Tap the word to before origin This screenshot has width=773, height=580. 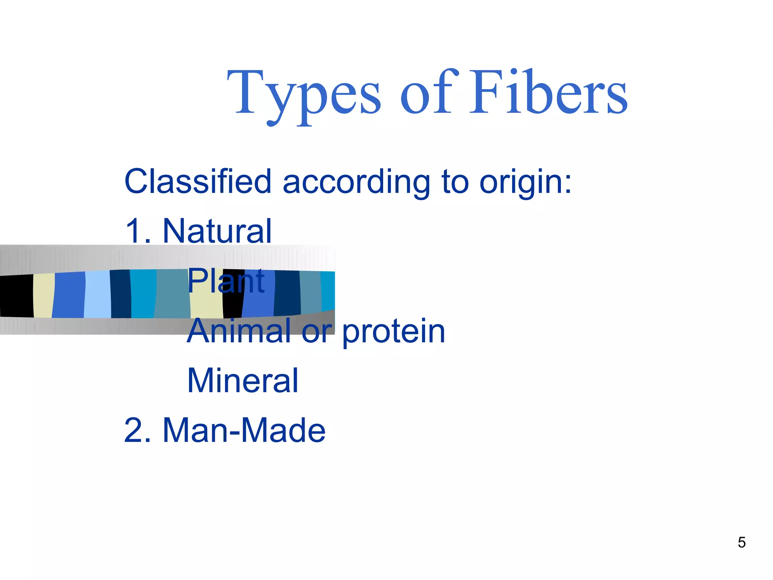(x=455, y=182)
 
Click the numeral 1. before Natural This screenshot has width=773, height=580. (x=138, y=231)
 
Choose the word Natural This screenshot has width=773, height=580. (x=217, y=231)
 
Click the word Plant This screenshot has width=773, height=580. (x=226, y=281)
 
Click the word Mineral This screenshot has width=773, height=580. (x=243, y=381)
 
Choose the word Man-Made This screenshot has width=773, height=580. (x=244, y=430)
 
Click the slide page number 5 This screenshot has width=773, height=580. (x=741, y=543)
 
